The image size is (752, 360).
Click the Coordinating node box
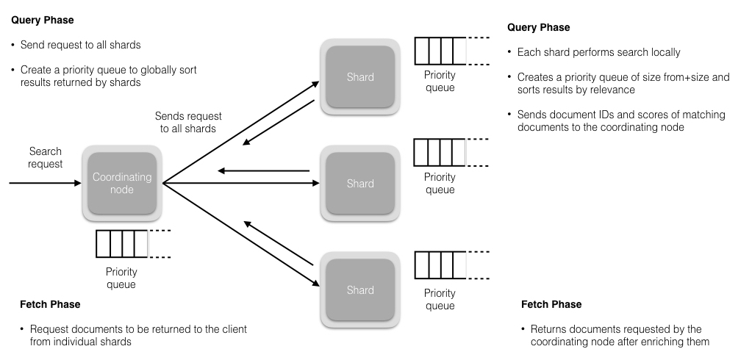pos(121,184)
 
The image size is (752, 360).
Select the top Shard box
pos(360,77)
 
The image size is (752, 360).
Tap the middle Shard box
pos(360,184)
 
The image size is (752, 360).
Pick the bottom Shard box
pos(360,290)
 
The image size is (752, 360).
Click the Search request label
pos(46,156)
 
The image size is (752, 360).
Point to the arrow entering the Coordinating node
pos(44,184)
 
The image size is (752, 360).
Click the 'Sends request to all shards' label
pos(188,123)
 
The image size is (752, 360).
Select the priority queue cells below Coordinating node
pos(122,244)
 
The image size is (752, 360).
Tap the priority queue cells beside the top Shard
pos(440,51)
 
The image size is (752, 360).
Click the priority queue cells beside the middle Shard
pos(440,152)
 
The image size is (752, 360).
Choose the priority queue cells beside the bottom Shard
pos(440,264)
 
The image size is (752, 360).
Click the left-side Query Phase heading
pos(43,21)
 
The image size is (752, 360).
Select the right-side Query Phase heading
pos(538,28)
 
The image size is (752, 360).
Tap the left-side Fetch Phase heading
pos(51,304)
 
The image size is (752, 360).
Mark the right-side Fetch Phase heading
pos(551,304)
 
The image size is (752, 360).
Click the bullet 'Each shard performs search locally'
pos(598,53)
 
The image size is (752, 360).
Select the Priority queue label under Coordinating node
pos(121,278)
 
